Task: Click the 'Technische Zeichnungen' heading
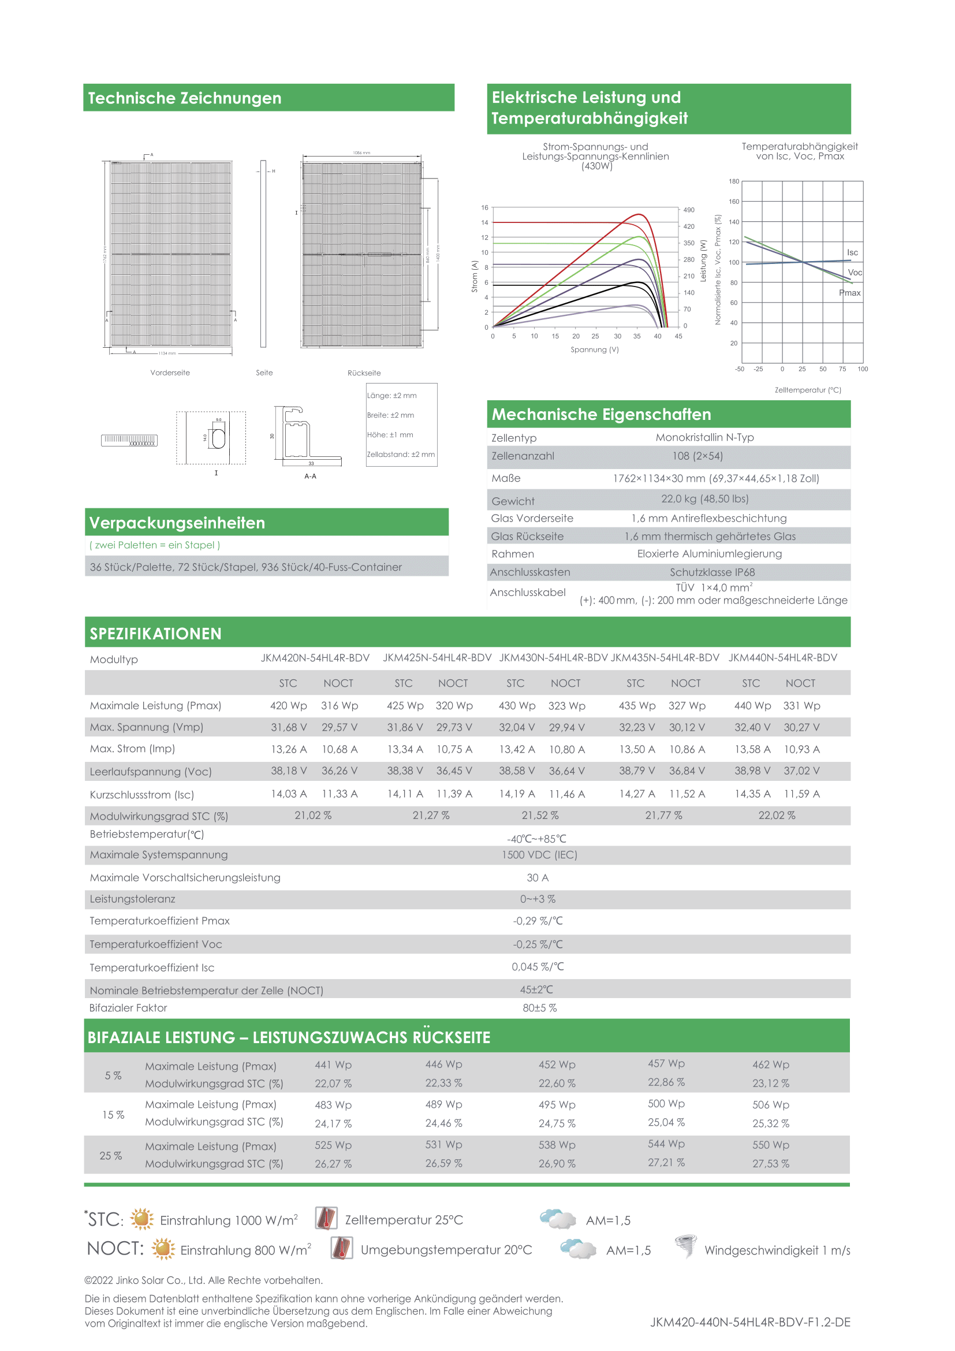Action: tap(185, 98)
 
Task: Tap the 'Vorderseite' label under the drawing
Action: tap(170, 373)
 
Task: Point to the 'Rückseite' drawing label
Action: tap(364, 373)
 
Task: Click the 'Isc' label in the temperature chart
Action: tap(852, 252)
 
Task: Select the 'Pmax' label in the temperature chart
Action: tap(849, 292)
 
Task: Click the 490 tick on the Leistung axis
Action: tap(689, 210)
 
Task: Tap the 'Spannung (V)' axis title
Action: tap(595, 349)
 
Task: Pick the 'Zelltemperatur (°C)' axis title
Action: tap(807, 390)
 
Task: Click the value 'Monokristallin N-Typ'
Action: tap(704, 437)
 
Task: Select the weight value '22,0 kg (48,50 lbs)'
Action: tap(704, 499)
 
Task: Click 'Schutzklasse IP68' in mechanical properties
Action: tap(712, 572)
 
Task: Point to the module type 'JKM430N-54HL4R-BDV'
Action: tap(553, 658)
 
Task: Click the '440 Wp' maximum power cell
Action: tap(752, 705)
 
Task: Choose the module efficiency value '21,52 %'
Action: tap(540, 816)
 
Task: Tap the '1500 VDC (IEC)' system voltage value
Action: tap(539, 855)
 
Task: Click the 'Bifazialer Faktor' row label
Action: tap(128, 1008)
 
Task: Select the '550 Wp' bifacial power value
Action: tap(770, 1145)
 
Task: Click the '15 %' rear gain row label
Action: tap(113, 1115)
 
